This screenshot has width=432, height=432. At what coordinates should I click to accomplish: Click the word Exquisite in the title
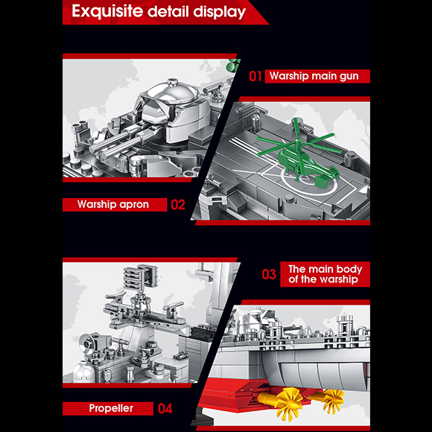[107, 12]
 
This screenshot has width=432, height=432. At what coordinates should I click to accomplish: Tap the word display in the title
[219, 12]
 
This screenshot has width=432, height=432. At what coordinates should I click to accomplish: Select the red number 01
[255, 76]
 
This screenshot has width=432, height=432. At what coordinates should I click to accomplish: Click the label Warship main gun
[314, 76]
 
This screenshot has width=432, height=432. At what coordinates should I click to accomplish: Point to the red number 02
[178, 205]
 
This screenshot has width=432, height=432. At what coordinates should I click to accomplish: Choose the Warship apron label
[113, 204]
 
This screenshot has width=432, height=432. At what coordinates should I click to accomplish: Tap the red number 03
[269, 274]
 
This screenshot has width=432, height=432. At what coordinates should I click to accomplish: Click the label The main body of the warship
[325, 274]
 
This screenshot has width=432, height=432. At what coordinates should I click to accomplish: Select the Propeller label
[111, 408]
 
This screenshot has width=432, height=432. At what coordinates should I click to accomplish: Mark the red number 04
[165, 409]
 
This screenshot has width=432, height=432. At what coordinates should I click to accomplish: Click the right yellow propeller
[334, 399]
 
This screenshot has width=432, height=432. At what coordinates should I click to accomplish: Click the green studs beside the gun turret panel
[233, 65]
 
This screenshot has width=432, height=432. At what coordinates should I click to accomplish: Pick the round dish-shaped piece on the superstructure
[88, 343]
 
